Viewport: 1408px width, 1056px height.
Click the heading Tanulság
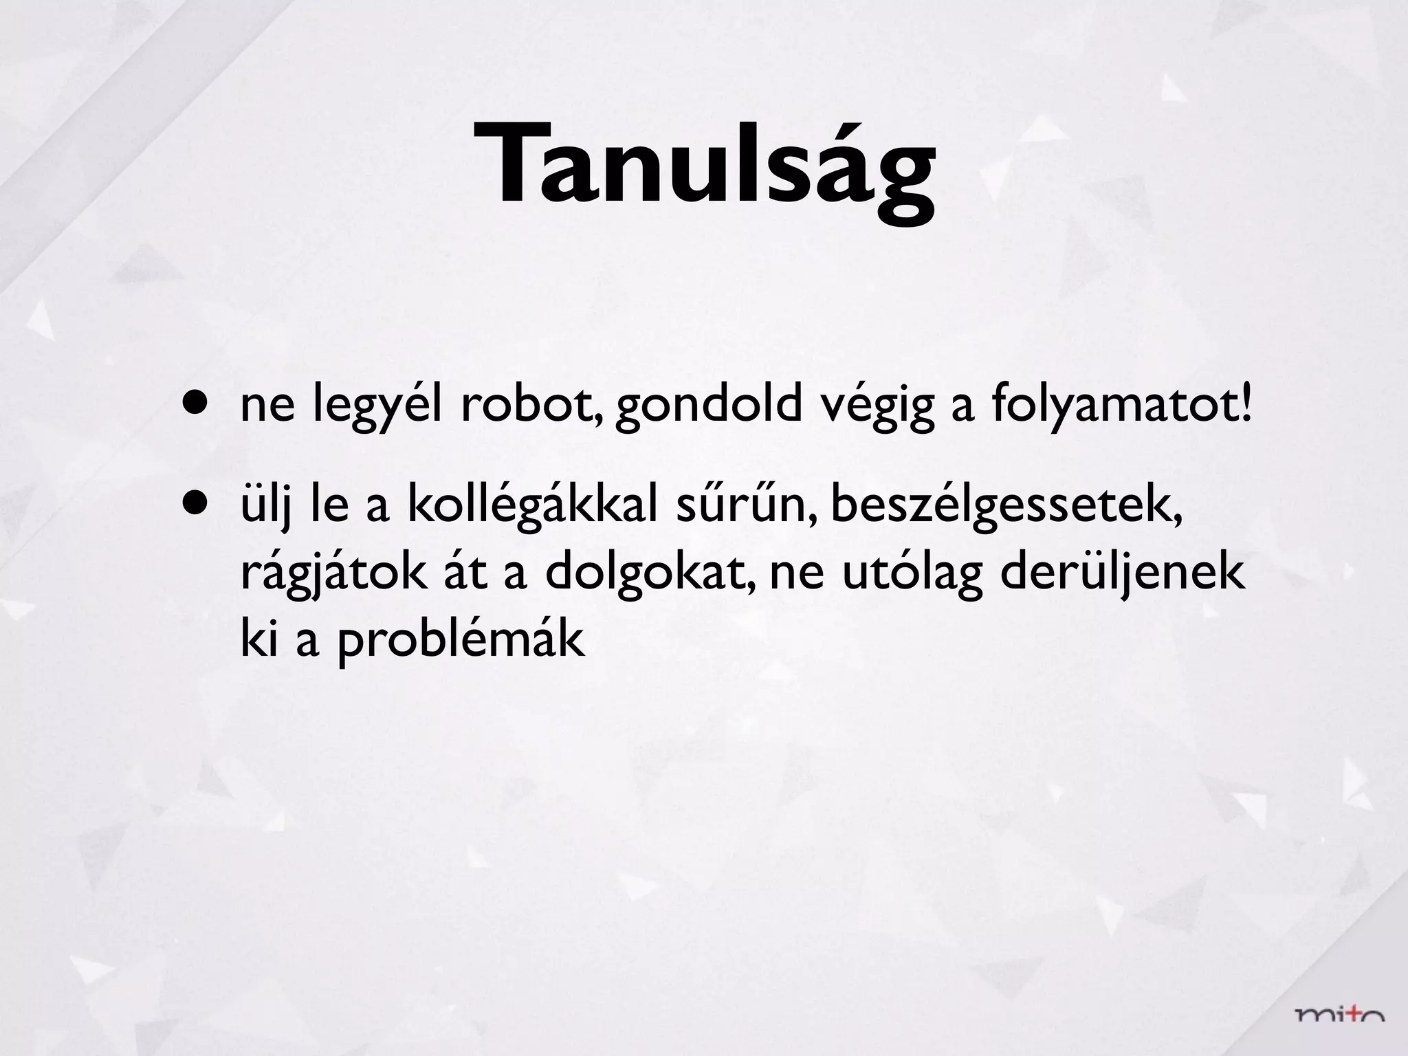703,165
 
